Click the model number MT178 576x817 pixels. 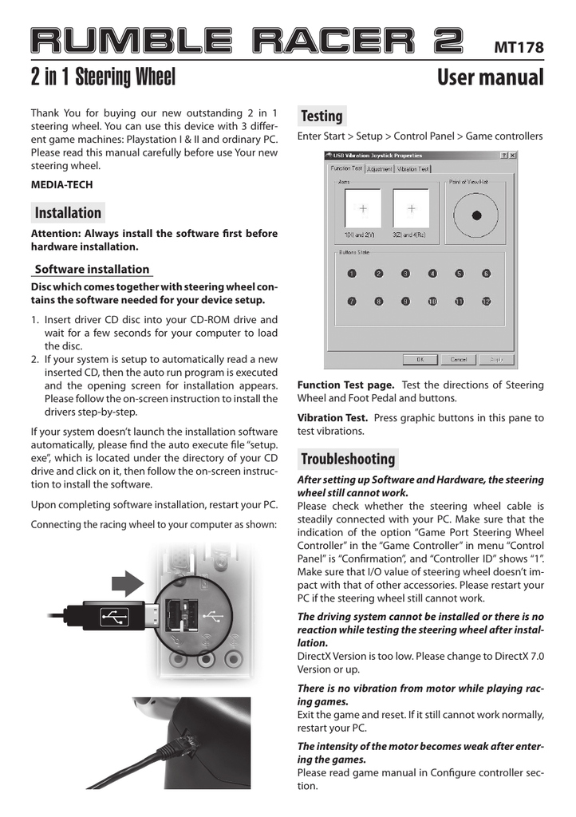[x=519, y=48]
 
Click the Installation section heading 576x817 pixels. [x=68, y=213]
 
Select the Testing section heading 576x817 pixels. [x=322, y=116]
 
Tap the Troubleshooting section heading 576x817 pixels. [x=348, y=459]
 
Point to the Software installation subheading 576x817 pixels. [x=92, y=270]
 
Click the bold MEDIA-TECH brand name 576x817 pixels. [x=61, y=185]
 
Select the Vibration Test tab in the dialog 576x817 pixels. [x=413, y=169]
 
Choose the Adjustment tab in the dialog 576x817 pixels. [x=380, y=169]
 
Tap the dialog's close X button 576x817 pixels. [x=512, y=155]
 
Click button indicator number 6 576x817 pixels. [x=486, y=274]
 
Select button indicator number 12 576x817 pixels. [x=486, y=302]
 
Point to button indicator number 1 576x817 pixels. [x=351, y=274]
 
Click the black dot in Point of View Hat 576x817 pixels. [x=476, y=215]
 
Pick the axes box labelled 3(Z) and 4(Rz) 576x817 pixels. [x=411, y=209]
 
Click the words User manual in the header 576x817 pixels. [x=491, y=78]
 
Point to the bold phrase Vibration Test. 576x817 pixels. [x=333, y=418]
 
